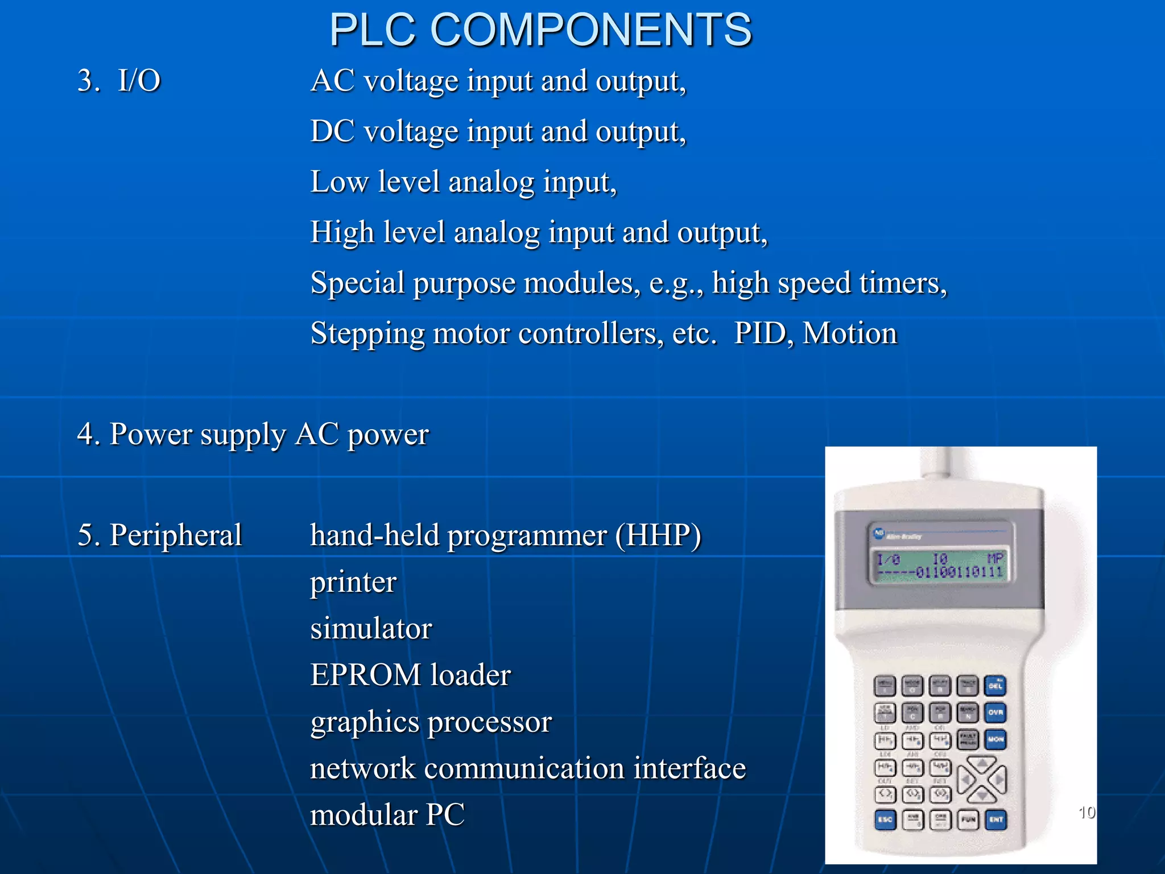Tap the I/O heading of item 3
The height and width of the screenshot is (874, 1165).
(139, 80)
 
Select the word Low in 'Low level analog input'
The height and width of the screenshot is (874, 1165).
(338, 182)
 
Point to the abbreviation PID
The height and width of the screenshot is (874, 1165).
(760, 333)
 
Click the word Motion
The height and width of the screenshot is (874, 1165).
(850, 333)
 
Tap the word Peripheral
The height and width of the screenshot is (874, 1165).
(176, 535)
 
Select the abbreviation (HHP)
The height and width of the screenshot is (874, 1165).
(658, 535)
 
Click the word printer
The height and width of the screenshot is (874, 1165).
(353, 583)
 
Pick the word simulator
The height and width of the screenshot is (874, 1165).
(371, 629)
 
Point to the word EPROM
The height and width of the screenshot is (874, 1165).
(366, 675)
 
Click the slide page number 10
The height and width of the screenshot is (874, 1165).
(1086, 812)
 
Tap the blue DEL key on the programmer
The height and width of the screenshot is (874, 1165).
(995, 686)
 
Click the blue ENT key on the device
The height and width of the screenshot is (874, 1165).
(995, 820)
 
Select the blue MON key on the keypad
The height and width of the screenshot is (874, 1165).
(995, 740)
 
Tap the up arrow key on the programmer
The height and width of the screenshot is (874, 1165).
(982, 765)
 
